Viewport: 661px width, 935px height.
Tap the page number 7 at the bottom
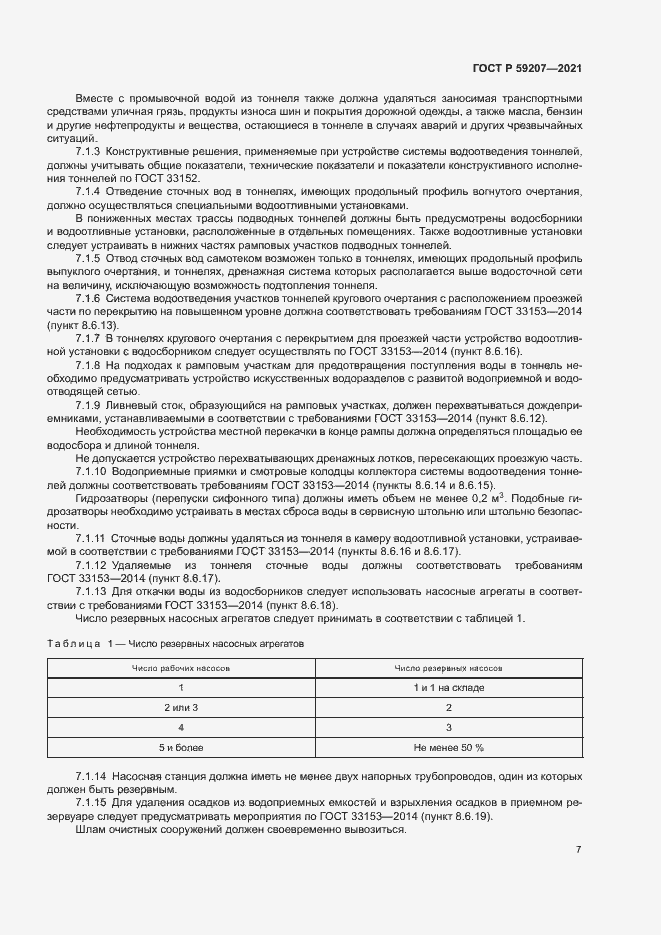click(578, 850)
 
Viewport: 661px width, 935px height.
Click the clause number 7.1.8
click(88, 366)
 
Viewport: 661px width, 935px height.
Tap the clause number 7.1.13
click(91, 591)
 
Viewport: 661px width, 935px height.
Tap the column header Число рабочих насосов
click(182, 666)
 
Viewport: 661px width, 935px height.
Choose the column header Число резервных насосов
click(448, 666)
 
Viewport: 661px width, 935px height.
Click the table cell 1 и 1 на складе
click(448, 687)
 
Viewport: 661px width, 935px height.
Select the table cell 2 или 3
click(182, 707)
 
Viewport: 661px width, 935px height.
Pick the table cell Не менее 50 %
click(448, 747)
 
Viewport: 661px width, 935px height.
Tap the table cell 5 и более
click(182, 747)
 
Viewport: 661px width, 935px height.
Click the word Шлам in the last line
click(90, 830)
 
